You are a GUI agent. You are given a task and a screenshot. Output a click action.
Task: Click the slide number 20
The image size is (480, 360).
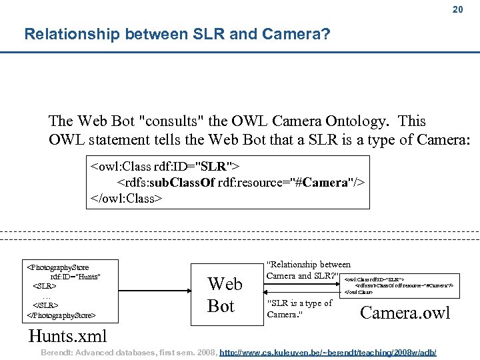tap(457, 9)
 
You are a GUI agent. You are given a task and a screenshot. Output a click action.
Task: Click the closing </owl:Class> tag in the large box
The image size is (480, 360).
tap(126, 198)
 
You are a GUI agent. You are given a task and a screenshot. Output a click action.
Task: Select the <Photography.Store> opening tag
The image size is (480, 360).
tap(57, 267)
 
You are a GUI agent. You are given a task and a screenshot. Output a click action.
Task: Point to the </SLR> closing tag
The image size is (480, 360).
tap(44, 305)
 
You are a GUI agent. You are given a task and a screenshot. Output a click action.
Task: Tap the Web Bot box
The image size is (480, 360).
tap(225, 294)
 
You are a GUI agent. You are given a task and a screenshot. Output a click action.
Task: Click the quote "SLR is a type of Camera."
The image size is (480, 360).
tap(299, 308)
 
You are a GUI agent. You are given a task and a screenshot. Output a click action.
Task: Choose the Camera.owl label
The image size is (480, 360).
tap(405, 312)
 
